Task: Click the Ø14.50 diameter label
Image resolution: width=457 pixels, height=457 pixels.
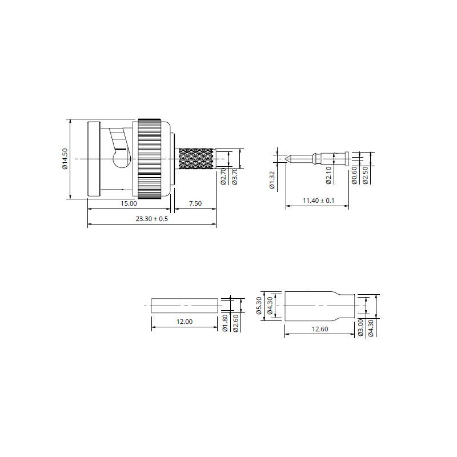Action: click(65, 159)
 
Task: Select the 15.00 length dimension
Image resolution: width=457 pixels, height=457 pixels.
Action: click(129, 203)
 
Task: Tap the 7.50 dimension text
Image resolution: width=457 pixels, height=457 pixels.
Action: click(195, 203)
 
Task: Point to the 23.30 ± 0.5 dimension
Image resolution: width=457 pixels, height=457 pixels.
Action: click(152, 219)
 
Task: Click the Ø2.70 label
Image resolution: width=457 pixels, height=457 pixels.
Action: click(223, 177)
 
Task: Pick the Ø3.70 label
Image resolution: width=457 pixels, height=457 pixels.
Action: click(235, 177)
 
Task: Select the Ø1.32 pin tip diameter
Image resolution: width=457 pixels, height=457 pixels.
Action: click(272, 180)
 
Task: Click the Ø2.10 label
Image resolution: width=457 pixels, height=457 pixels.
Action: click(329, 175)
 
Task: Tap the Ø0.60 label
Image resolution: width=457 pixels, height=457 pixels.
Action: click(354, 175)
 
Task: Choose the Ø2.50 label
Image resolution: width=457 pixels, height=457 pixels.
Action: click(366, 175)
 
